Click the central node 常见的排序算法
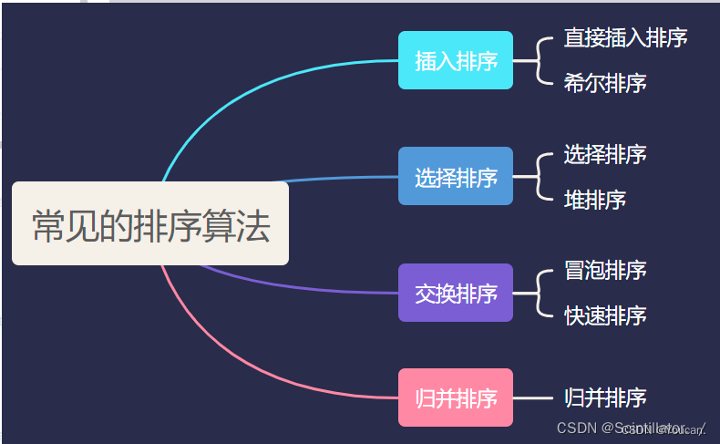[150, 224]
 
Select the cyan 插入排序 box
[456, 61]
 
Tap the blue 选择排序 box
[456, 177]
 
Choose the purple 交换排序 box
[456, 293]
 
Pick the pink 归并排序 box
[456, 398]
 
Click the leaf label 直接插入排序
[625, 37]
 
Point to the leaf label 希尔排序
[605, 84]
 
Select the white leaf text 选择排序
[605, 154]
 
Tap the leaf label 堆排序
[594, 200]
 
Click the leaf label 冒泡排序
[605, 270]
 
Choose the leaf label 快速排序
[605, 316]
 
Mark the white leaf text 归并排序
[605, 398]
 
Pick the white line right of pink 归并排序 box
[533, 398]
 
